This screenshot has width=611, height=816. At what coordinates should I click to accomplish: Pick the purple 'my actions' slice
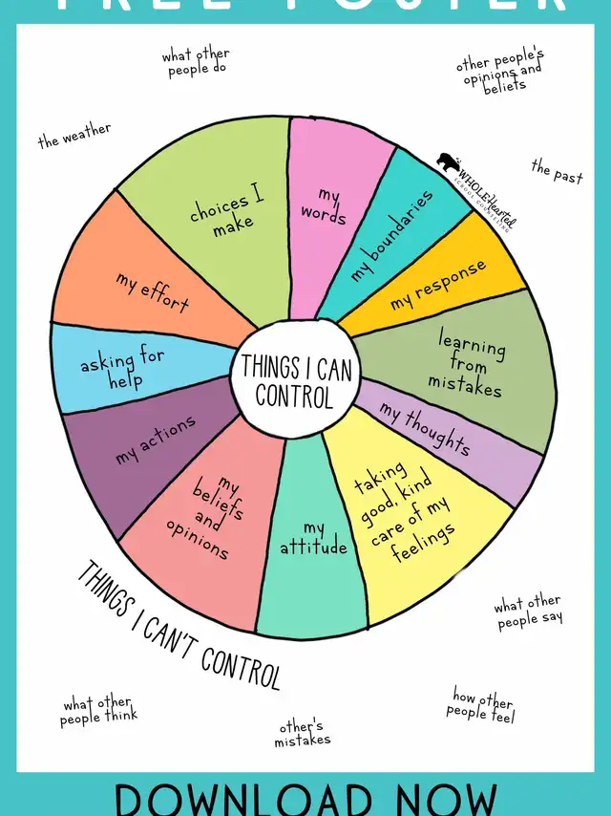pos(156,440)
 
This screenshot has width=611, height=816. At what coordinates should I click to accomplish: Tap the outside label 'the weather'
pos(74,136)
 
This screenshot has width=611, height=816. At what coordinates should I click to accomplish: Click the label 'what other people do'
pos(197,62)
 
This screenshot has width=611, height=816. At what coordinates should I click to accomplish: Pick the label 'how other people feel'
pos(482,705)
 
